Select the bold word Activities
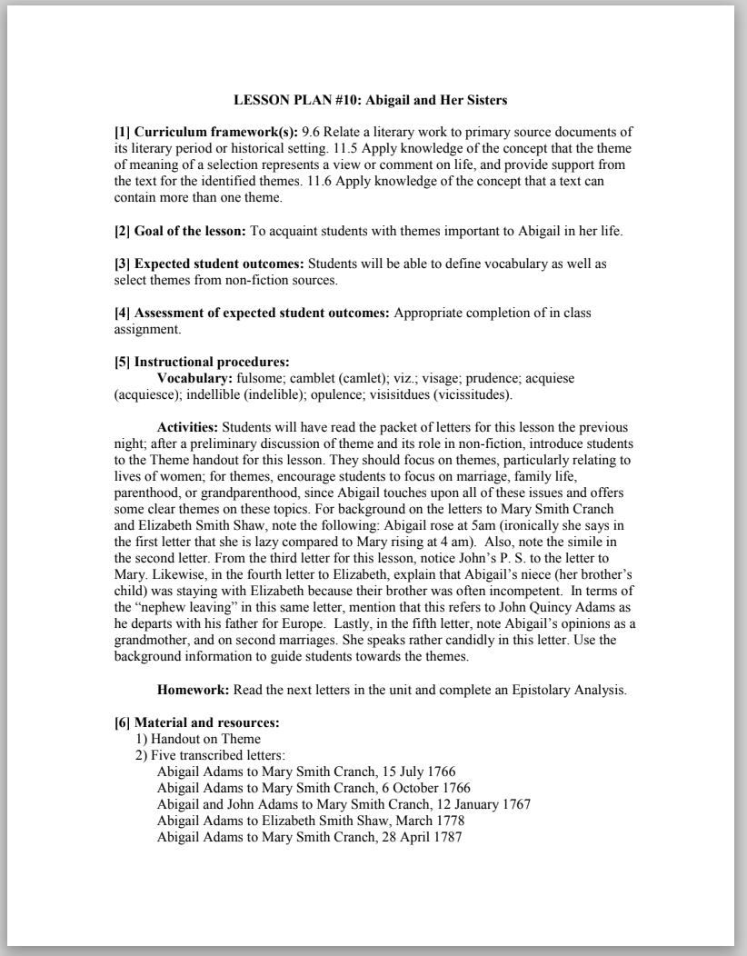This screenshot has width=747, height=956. coord(187,426)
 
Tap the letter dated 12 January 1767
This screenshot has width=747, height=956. coord(344,804)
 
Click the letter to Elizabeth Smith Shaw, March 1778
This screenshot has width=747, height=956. coord(311,821)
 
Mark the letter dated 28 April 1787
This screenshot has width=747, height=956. coord(310,837)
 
